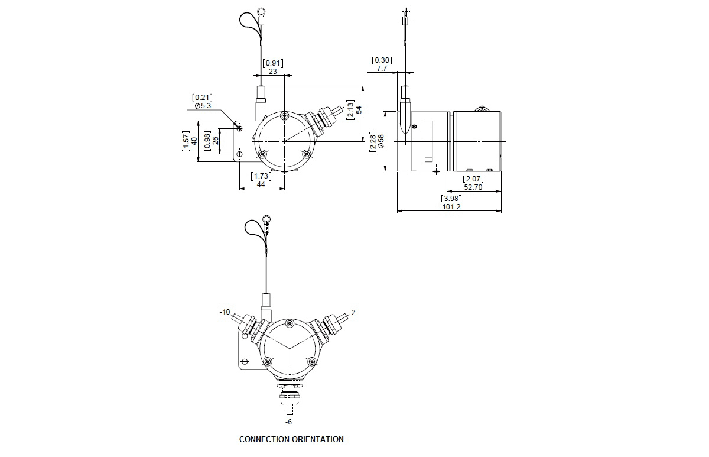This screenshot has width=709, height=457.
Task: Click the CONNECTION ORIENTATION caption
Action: pos(291,439)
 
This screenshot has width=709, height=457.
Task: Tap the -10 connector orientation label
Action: pos(225,312)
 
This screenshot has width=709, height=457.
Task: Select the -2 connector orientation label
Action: pos(352,313)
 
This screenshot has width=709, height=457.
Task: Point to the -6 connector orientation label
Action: pos(288,422)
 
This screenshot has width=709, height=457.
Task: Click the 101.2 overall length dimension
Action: pos(451,207)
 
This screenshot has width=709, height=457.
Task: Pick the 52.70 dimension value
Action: pos(473,187)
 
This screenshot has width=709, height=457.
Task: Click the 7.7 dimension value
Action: pos(382,69)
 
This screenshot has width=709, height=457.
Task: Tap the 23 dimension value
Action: pos(273,72)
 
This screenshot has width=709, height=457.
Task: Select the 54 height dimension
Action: pos(359,110)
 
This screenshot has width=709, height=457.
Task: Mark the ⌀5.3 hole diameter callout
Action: pos(203,105)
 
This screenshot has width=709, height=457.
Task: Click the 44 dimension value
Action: pos(261,184)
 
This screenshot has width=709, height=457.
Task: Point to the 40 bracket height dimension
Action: pos(194,141)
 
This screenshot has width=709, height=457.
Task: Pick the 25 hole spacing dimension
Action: pos(216,140)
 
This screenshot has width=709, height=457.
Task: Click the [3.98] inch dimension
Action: pos(451,199)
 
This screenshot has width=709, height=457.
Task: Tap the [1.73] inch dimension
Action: pos(261,176)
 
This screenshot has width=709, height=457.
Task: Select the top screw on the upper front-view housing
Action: pos(285,116)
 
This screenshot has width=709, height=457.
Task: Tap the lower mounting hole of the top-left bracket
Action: pos(240,154)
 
